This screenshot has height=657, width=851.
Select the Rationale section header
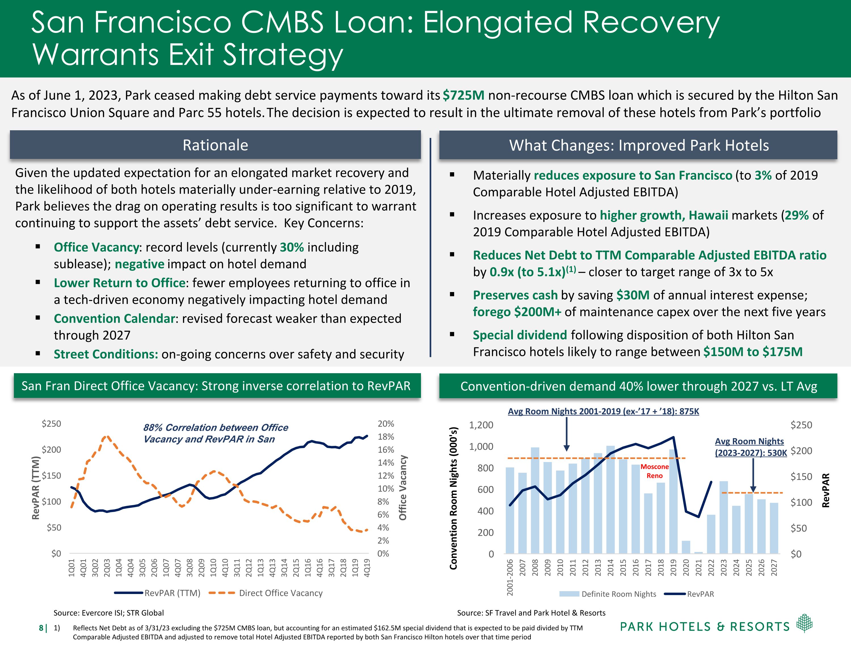[215, 145]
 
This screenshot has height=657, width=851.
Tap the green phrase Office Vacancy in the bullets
[96, 247]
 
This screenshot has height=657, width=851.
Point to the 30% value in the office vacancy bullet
[291, 247]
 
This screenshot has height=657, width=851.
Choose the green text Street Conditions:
[106, 354]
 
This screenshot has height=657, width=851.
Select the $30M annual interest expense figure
[633, 295]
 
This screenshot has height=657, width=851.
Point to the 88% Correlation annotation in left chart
[216, 433]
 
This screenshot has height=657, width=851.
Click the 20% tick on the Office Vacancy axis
[386, 424]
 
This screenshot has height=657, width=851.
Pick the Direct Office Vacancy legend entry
[281, 593]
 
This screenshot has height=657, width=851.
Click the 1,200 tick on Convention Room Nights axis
[481, 425]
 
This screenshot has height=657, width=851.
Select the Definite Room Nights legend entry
[618, 594]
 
